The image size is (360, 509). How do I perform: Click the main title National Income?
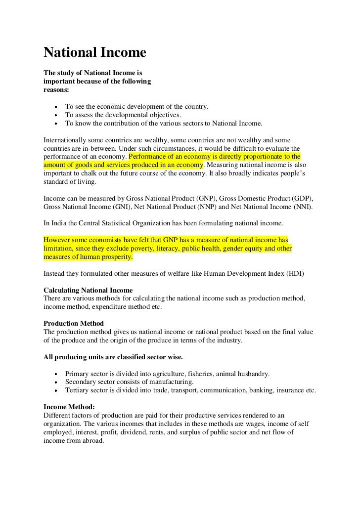click(95, 52)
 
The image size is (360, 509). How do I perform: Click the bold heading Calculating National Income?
click(88, 290)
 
